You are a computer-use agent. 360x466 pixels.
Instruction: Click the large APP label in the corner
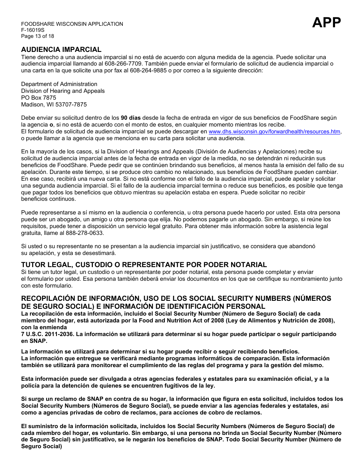[x=326, y=23]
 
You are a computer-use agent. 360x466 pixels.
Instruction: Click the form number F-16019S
[x=33, y=30]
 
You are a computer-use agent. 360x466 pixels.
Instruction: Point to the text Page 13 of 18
[x=38, y=36]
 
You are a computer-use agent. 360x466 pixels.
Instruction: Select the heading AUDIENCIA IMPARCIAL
[x=61, y=50]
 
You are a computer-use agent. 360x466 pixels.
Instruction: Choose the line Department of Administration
[x=59, y=84]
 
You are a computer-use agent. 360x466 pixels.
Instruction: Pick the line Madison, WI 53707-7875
[x=54, y=105]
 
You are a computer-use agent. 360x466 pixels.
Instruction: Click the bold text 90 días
[x=130, y=118]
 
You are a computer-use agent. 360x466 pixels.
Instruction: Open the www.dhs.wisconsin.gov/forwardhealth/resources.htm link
[x=274, y=131]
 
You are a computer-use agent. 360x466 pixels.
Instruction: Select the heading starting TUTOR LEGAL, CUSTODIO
[x=144, y=265]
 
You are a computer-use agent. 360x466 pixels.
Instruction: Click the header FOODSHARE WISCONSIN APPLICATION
[x=72, y=24]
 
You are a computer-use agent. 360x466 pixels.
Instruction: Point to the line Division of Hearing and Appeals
[x=63, y=91]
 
